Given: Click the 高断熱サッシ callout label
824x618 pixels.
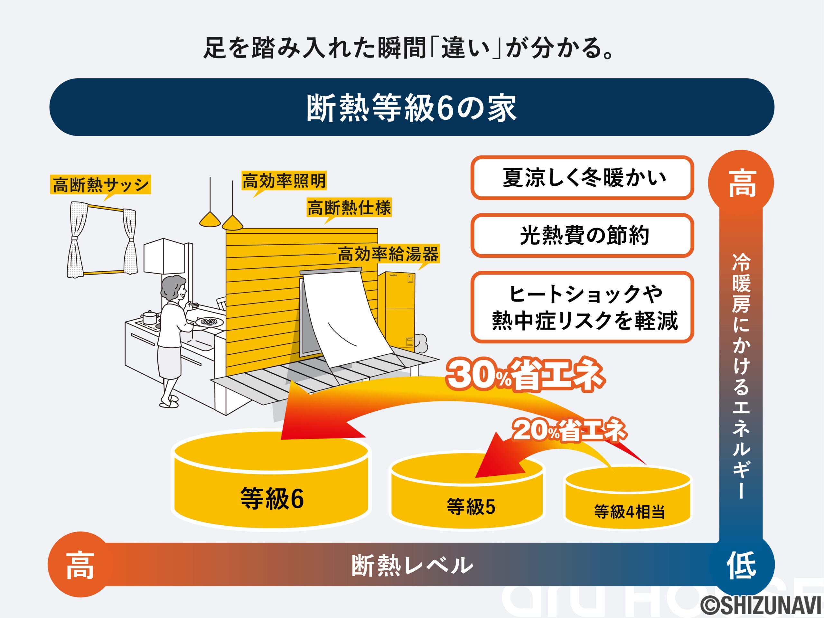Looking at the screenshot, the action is (x=100, y=184).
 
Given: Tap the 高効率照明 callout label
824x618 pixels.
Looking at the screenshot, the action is (x=284, y=181).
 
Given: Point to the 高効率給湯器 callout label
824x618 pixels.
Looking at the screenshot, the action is (x=388, y=254).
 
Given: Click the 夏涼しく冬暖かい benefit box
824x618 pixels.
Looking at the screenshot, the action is (x=582, y=178).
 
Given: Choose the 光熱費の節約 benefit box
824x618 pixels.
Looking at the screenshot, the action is (x=582, y=235).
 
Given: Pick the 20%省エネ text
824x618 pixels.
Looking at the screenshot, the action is (x=569, y=430).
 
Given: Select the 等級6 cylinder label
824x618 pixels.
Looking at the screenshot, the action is (x=272, y=498).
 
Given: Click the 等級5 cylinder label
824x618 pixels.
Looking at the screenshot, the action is (x=471, y=507).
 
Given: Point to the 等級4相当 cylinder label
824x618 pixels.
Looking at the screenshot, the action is (x=630, y=511).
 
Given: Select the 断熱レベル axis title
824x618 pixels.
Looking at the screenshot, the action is (x=412, y=566).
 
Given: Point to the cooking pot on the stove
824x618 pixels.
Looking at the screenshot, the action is (x=150, y=317).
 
